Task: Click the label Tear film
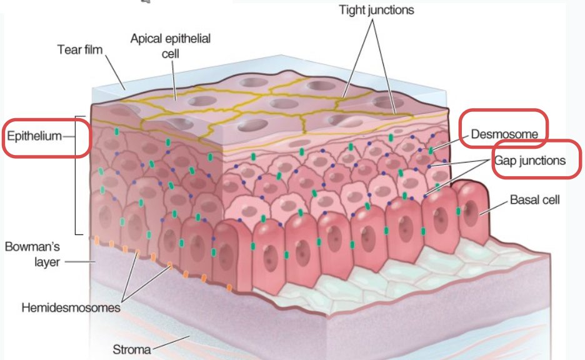pos(80,49)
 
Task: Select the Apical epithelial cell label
pos(170,46)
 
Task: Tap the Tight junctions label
pos(376,10)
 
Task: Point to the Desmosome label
pos(505,133)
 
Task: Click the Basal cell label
pos(534,200)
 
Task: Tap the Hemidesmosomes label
pos(70,307)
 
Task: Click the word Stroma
pos(131,349)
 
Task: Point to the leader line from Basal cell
pos(494,206)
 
